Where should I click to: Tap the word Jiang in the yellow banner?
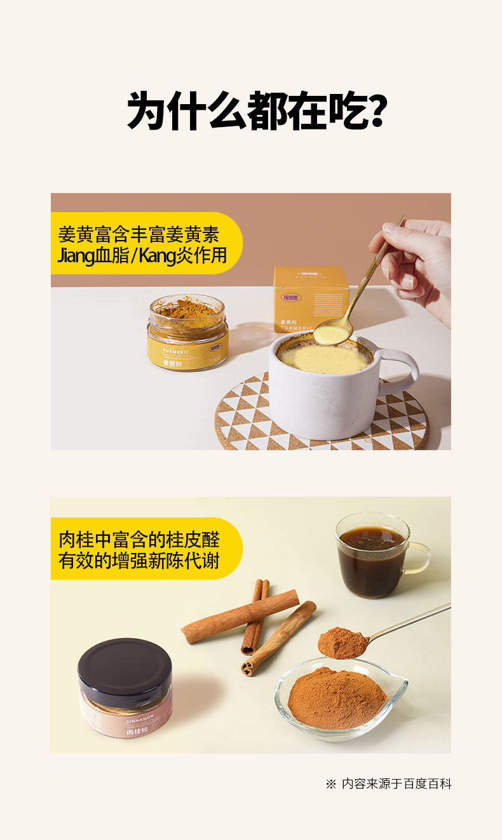click(75, 257)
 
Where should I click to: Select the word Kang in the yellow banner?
click(157, 257)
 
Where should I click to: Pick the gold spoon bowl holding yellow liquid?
click(332, 333)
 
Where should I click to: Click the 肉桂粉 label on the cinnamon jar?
click(137, 731)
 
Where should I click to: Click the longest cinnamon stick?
click(240, 616)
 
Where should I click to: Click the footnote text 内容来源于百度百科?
click(396, 784)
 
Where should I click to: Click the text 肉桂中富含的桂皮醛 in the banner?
click(139, 540)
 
